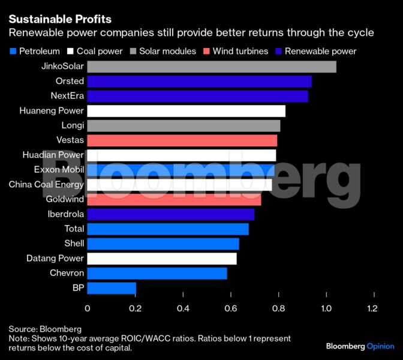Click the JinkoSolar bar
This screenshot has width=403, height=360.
212,67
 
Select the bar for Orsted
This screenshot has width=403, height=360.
199,82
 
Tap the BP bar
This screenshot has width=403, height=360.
112,289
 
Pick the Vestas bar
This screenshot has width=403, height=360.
182,140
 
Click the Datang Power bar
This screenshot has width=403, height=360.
162,259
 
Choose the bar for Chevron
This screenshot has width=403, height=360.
157,274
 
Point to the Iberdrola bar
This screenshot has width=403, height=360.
171,214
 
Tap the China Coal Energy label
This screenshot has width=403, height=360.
46,185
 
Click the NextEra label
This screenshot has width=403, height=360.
68,96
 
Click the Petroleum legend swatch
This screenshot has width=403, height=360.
13,51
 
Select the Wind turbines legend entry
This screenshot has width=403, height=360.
236,51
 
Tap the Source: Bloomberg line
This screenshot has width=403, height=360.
45,329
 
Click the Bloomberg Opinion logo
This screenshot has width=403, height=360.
360,346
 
